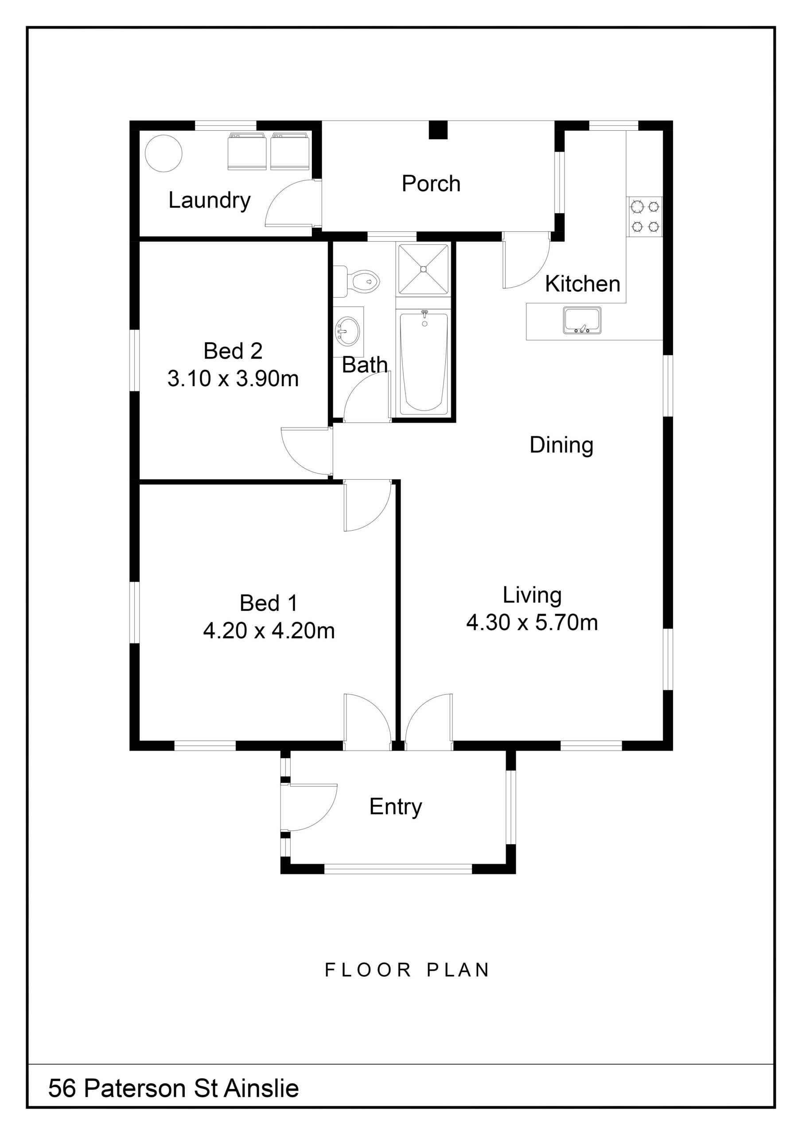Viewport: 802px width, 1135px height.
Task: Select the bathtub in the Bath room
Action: [424, 362]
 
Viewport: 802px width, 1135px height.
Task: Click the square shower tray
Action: [424, 269]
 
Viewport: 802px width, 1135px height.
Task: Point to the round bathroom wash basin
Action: [348, 331]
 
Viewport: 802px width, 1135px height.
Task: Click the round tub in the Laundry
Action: [164, 154]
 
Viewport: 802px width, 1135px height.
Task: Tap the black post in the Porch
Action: [437, 130]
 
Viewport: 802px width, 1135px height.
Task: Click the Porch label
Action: [431, 184]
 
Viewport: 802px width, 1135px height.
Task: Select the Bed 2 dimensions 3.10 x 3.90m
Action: [233, 379]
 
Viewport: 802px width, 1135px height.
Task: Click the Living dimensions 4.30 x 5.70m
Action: [532, 622]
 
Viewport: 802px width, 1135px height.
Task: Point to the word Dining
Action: [561, 446]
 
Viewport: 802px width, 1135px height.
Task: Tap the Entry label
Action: [396, 807]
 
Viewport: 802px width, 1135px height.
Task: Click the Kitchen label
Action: [583, 284]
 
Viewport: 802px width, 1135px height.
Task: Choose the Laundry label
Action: [210, 201]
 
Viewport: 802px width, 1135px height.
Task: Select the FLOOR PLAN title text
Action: [407, 970]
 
